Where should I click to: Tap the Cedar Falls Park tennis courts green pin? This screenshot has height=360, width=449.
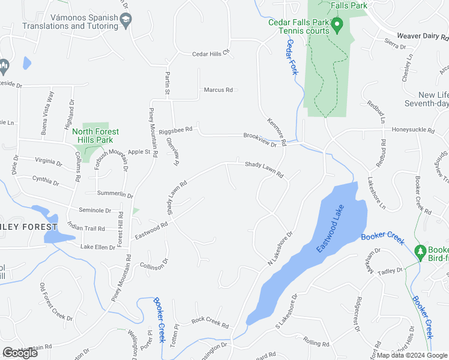pos(337,26)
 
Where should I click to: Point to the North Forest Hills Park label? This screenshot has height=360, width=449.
pos(95,136)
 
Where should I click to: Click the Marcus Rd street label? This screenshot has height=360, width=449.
pos(218,90)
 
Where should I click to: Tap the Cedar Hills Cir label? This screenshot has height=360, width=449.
pos(211,53)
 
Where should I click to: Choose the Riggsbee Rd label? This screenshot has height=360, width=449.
pos(180,129)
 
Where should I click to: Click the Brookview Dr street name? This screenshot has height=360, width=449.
pos(260,140)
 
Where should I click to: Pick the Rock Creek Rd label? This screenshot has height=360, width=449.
pos(210,322)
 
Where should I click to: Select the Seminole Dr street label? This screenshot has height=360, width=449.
pos(95,211)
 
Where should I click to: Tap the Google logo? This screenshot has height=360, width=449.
pos(20,353)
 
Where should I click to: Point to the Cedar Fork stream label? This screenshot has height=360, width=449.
pos(292,60)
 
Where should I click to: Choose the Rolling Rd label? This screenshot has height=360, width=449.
pos(316,343)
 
